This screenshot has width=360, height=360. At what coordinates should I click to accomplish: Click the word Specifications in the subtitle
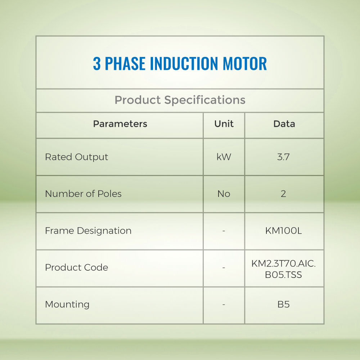click(205, 100)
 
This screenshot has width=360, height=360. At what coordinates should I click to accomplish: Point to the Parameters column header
click(120, 124)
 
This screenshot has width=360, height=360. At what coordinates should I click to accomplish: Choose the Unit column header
click(224, 124)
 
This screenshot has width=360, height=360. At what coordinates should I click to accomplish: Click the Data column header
click(284, 124)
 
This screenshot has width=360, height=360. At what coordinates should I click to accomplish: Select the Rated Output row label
click(76, 157)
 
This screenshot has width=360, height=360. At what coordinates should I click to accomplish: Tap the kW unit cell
click(224, 157)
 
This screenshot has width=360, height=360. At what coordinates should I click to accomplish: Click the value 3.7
click(283, 157)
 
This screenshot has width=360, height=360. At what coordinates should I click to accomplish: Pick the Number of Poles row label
click(83, 194)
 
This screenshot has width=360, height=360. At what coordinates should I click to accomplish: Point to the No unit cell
click(224, 194)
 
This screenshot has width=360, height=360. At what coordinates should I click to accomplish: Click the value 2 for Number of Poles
click(283, 194)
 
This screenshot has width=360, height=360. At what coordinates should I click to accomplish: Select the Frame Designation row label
click(88, 231)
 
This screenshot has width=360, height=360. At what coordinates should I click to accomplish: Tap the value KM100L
click(284, 231)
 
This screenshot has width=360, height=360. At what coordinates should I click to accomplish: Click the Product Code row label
click(76, 267)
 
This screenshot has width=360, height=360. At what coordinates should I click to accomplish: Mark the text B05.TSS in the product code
click(283, 275)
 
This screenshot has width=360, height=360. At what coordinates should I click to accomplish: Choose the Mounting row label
click(67, 305)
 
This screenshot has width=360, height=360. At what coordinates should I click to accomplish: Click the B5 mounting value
click(284, 305)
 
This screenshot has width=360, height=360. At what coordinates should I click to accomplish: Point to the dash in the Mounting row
click(224, 305)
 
